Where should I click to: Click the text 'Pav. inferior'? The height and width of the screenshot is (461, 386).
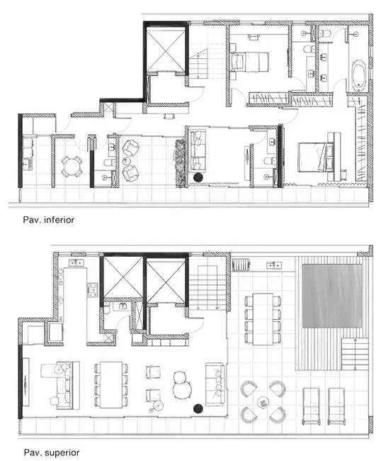pos(47,221)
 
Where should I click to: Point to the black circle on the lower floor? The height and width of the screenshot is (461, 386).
pos(198,176)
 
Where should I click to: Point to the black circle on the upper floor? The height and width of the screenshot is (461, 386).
pos(198,408)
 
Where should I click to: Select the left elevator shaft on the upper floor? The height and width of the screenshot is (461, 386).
pos(121,279)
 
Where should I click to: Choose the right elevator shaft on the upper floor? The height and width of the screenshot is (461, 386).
pos(166,279)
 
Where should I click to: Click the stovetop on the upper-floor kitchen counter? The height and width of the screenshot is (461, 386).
pos(91,289)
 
